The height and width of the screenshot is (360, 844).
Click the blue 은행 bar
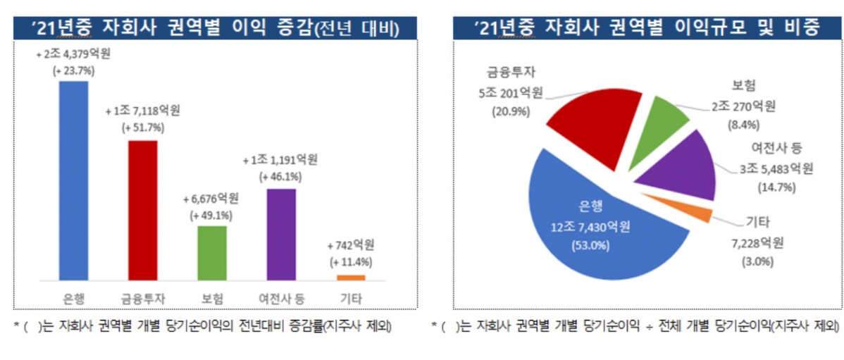[x=74, y=180]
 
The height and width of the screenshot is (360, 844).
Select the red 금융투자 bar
[x=142, y=209]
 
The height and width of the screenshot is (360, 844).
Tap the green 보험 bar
[x=211, y=252]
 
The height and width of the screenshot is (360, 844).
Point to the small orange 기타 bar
[x=350, y=277]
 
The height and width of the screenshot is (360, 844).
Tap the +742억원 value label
[x=351, y=246]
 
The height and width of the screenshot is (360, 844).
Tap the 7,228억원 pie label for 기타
[x=757, y=243]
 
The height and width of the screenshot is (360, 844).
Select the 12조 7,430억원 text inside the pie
[x=591, y=227]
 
